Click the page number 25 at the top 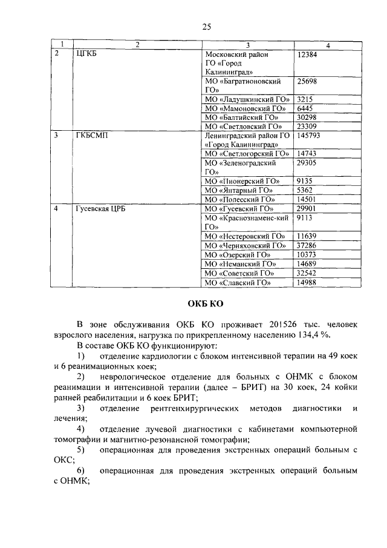pos(206,25)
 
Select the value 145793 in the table pos(310,136)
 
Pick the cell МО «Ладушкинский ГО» pos(247,99)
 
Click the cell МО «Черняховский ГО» pos(245,245)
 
